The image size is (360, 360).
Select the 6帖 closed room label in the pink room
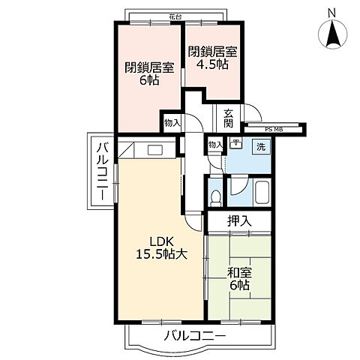point(149,73)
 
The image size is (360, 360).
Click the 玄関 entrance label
point(228,118)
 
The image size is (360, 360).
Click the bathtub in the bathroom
point(262,194)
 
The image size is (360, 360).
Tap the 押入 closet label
point(240,221)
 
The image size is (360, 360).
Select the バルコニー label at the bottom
point(193,336)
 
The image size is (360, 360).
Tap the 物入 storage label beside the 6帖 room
point(172,121)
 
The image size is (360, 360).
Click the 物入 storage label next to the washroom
point(215,144)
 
